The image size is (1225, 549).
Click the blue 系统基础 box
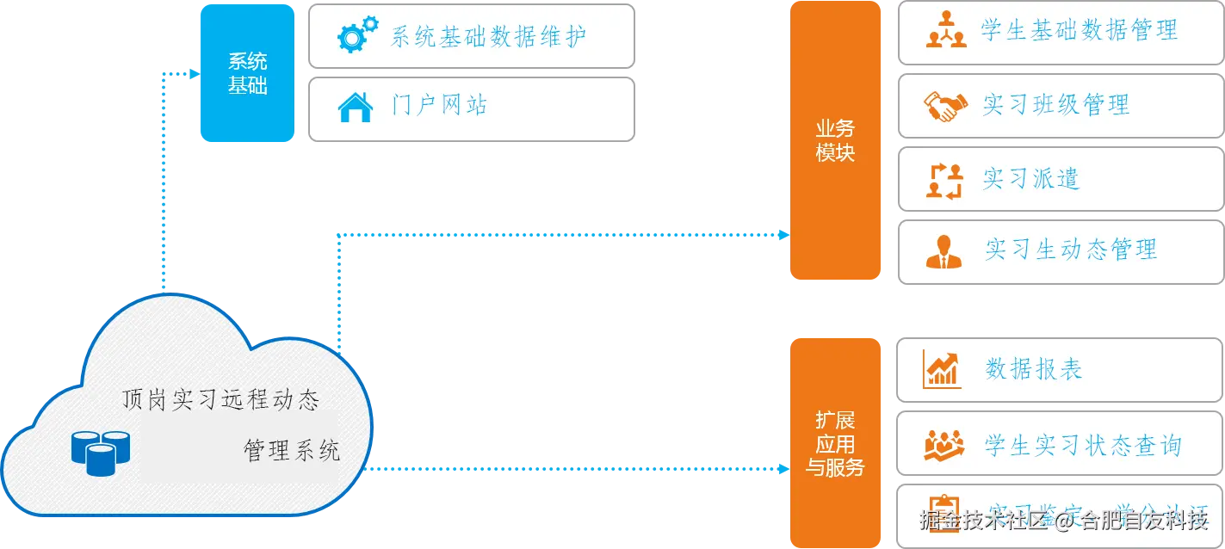247,73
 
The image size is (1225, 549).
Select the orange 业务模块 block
835,140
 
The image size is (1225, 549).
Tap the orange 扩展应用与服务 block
835,443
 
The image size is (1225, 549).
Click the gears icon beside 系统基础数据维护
355,36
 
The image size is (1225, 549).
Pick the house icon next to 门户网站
355,108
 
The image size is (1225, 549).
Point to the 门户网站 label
440,106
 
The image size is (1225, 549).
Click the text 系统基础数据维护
489,36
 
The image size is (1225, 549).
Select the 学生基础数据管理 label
1080,31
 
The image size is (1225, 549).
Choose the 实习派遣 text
1031,179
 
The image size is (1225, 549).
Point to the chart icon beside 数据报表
942,369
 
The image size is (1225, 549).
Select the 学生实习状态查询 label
1083,445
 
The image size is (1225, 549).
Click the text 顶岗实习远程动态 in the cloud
221,400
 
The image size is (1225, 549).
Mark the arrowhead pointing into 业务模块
783,234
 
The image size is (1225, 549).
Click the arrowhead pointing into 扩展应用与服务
783,469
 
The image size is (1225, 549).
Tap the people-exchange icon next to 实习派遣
944,180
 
